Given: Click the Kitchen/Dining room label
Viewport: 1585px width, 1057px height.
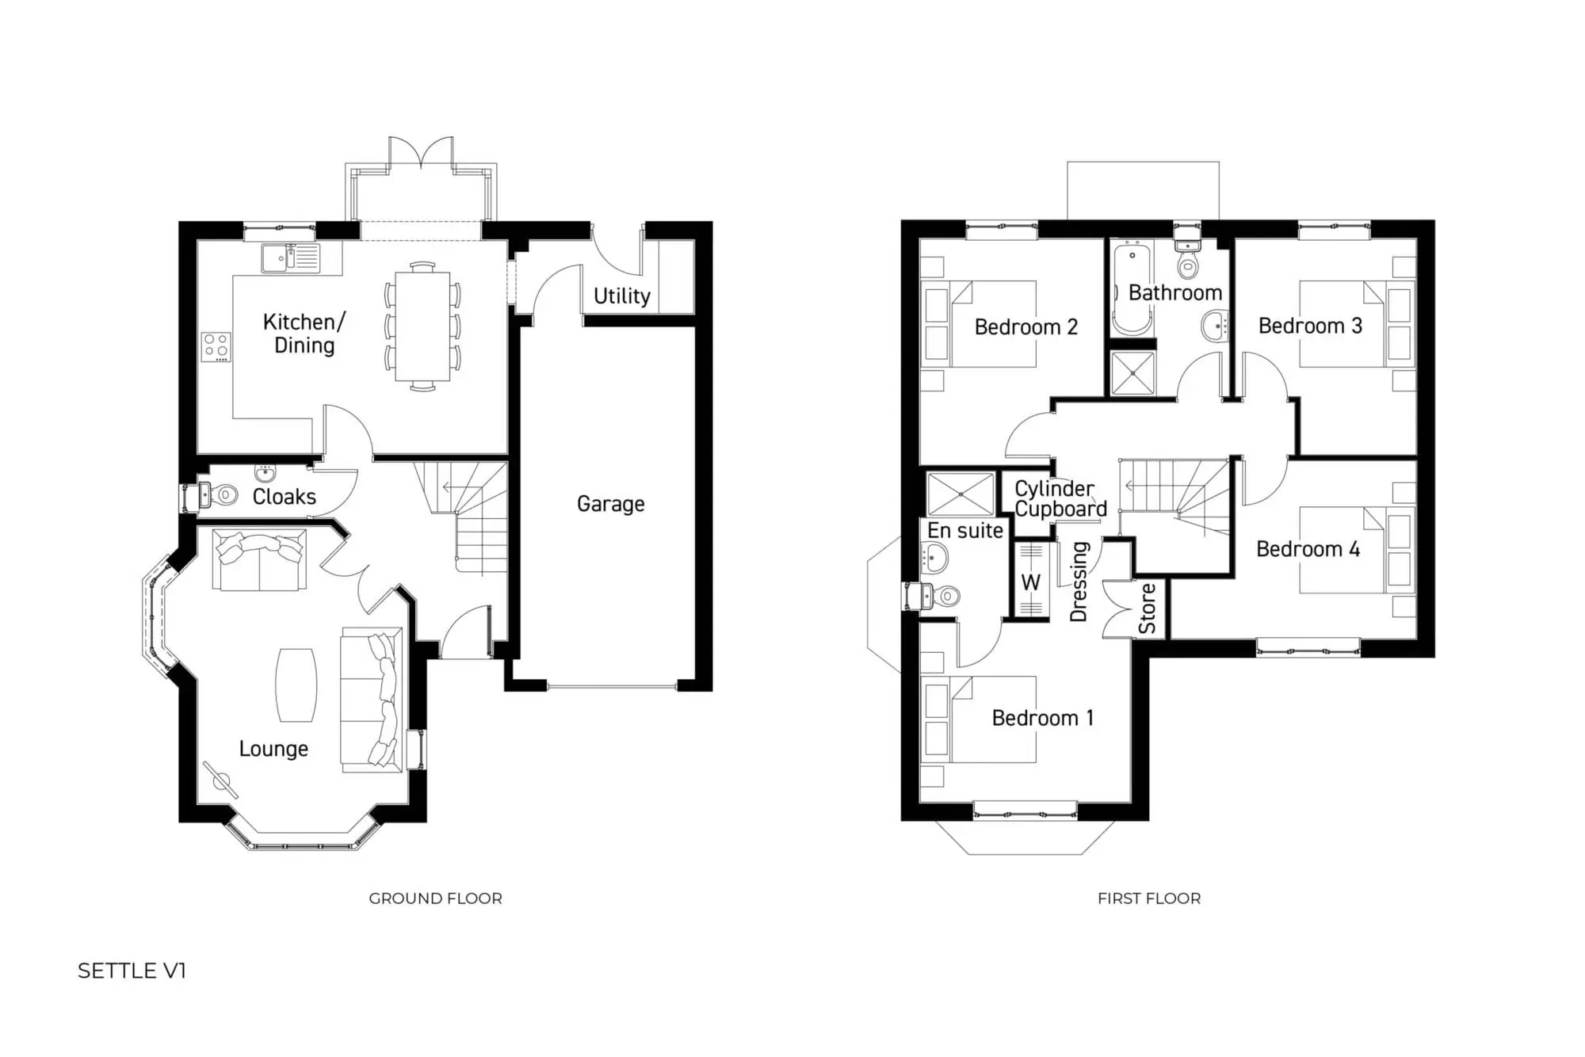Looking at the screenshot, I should tap(304, 334).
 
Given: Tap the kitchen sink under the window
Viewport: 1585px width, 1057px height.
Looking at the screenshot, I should tap(290, 258).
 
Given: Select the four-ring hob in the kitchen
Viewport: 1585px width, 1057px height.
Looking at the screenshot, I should tap(216, 346).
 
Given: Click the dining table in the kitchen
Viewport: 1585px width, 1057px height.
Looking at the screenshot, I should tap(422, 326).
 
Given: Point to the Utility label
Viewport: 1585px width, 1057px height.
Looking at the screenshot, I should tap(622, 296).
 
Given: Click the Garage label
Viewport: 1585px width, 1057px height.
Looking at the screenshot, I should tap(610, 504).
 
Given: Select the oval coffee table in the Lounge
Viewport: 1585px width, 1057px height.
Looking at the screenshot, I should tap(296, 685).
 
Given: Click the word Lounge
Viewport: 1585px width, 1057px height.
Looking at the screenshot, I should tap(273, 749).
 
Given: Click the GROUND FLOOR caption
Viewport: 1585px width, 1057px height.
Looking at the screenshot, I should tap(435, 899).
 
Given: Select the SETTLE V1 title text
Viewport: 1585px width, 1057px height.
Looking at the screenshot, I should tap(132, 971).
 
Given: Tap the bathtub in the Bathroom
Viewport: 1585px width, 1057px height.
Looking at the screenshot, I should tap(1132, 289).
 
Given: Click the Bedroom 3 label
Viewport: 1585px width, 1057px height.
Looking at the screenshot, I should tap(1310, 326).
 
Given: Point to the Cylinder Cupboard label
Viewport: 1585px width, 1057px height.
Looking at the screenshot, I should tap(1060, 499).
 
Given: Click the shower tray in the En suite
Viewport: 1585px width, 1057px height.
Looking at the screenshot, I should tap(961, 494).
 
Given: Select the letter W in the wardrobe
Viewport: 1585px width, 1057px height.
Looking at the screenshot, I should tap(1030, 582).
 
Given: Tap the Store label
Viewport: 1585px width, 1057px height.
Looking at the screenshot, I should tap(1147, 609).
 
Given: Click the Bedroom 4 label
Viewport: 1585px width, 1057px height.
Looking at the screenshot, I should tap(1308, 549).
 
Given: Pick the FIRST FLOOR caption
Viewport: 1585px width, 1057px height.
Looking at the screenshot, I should tap(1148, 899).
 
